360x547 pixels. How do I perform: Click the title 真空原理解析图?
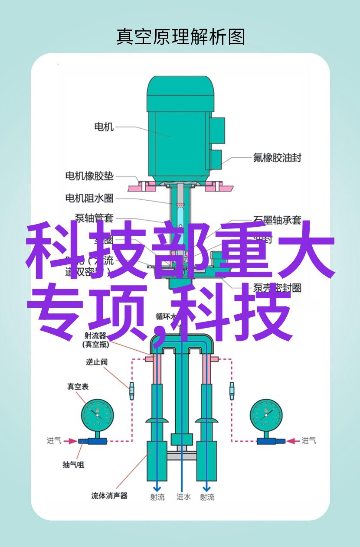pos(180,37)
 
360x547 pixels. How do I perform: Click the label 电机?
pos(104,127)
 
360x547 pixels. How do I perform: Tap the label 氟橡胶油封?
pos(277,157)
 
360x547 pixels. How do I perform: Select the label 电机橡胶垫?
pos(89,176)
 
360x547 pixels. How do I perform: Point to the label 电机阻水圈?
pos(89,198)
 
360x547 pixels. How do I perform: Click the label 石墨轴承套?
pos(277,220)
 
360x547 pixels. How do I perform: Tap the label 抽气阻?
pos(73,464)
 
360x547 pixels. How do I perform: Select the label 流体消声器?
pos(109,495)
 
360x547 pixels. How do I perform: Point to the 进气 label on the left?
pos(54,441)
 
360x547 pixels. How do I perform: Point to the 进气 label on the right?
pos(309,441)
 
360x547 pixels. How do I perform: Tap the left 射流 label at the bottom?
pos(157,497)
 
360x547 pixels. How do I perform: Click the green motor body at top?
pos(180,126)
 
